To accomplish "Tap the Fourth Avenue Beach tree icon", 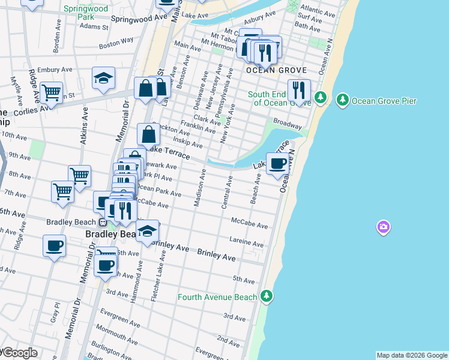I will pyautogui.click(x=267, y=296).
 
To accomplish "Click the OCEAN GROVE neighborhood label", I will pyautogui.click(x=277, y=70).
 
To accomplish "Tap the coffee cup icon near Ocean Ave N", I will pyautogui.click(x=278, y=164).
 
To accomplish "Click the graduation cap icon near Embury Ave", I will pyautogui.click(x=104, y=78).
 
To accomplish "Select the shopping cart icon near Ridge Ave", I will pyautogui.click(x=52, y=92).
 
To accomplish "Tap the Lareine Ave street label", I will pyautogui.click(x=246, y=241).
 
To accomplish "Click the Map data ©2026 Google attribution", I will pyautogui.click(x=412, y=355).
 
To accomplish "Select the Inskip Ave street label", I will pyautogui.click(x=188, y=142).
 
